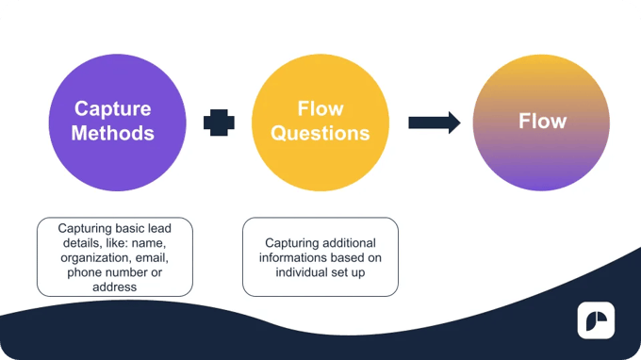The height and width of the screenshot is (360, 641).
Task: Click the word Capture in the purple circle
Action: pos(113,109)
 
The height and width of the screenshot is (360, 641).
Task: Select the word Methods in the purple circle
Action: pos(113,133)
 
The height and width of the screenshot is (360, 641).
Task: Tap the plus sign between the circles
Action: pos(219,122)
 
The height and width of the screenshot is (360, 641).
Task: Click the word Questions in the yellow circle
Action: pos(320,133)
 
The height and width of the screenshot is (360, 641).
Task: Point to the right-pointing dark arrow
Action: pos(434,122)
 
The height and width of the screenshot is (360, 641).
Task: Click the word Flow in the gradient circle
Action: pos(542,122)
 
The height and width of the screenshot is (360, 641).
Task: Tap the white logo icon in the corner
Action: pos(596,320)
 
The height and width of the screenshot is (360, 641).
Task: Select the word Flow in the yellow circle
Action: pos(320,109)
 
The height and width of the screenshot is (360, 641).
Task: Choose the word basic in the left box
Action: pos(136,227)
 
